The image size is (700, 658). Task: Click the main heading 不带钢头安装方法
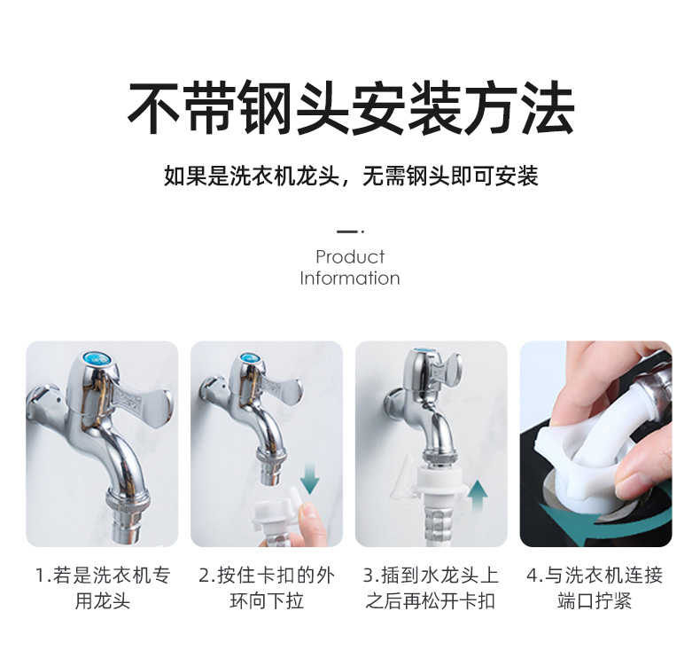pyautogui.click(x=350, y=108)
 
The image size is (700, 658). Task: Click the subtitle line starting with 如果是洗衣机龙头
pyautogui.click(x=350, y=176)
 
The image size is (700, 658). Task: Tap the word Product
pyautogui.click(x=350, y=257)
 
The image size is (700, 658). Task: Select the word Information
pyautogui.click(x=350, y=278)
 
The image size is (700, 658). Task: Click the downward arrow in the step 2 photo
pyautogui.click(x=309, y=479)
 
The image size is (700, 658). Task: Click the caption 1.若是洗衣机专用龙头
pyautogui.click(x=102, y=588)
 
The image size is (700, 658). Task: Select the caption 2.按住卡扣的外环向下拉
pyautogui.click(x=267, y=588)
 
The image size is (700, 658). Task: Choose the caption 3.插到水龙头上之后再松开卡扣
pyautogui.click(x=431, y=588)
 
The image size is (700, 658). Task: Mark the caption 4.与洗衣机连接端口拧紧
pyautogui.click(x=595, y=588)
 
